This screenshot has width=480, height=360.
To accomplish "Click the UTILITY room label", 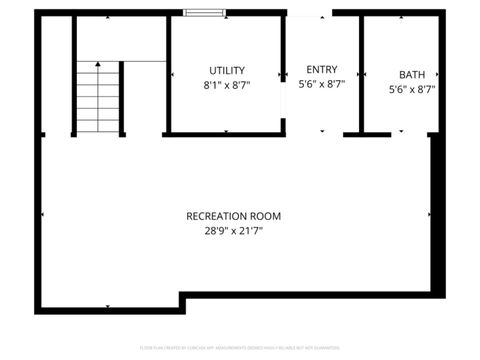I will tap(227, 70).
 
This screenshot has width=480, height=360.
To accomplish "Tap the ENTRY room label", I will tap(321, 69).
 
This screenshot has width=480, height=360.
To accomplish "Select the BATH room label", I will tap(411, 74).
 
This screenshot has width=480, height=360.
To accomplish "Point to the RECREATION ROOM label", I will tap(233, 215).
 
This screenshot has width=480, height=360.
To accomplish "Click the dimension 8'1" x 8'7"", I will tap(227, 85).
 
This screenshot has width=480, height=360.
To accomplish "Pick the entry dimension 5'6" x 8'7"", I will tap(321, 85).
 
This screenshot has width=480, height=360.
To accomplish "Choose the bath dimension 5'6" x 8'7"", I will tap(411, 89).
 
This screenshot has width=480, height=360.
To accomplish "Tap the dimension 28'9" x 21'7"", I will tap(233, 230).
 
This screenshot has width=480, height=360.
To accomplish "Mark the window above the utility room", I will tap(204, 13).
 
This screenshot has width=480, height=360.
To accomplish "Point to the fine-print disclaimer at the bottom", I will tap(239, 347).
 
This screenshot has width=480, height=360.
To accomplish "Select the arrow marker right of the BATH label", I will tap(438, 75).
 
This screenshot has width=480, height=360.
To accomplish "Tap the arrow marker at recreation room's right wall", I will tap(430, 214).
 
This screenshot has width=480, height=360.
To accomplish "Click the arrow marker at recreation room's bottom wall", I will tap(109, 306).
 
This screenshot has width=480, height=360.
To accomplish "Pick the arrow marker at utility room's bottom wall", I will tap(226, 130).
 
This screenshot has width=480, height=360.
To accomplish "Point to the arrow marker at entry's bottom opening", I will tap(321, 131).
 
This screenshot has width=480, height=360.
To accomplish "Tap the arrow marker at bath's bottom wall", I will tap(399, 130).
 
